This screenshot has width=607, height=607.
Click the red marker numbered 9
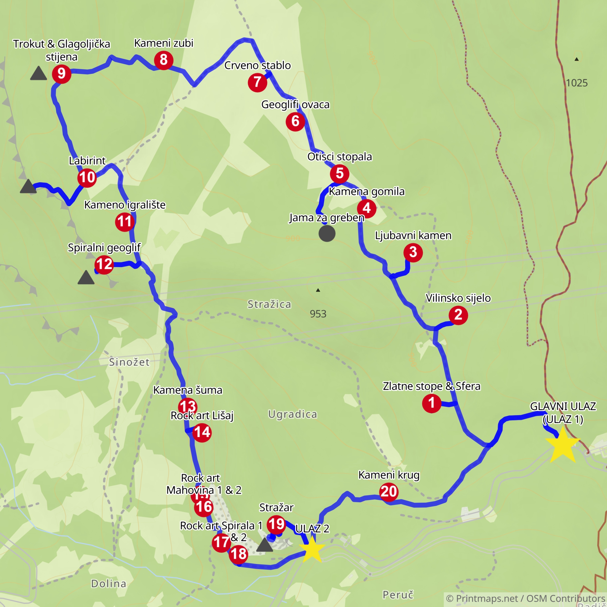click(x=62, y=74)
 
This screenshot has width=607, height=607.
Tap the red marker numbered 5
click(x=340, y=174)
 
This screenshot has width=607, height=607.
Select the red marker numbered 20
click(x=389, y=492)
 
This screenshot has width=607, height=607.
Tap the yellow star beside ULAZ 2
click(x=312, y=549)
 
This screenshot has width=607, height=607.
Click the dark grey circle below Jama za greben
click(x=327, y=234)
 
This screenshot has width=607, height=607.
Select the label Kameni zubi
click(x=164, y=43)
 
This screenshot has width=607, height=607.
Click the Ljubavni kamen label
click(x=413, y=235)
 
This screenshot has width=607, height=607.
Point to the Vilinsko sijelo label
click(x=458, y=298)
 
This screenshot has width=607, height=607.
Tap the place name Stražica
click(x=269, y=304)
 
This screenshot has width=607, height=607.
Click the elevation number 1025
click(x=576, y=83)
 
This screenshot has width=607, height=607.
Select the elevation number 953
click(x=318, y=314)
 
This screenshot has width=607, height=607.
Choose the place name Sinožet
click(x=129, y=362)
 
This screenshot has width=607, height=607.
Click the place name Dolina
click(x=109, y=583)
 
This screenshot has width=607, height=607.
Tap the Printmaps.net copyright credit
click(x=525, y=598)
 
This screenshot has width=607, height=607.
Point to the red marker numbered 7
click(x=257, y=82)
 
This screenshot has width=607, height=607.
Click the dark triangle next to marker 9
click(x=38, y=74)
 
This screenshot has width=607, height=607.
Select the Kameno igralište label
click(x=125, y=205)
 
